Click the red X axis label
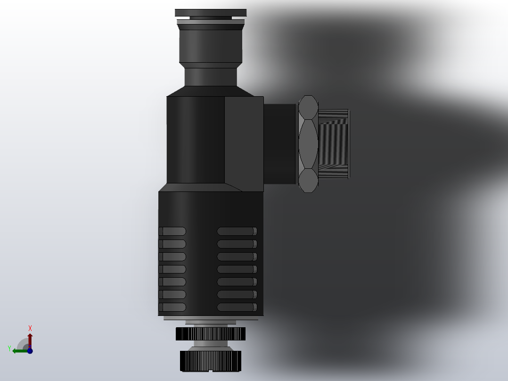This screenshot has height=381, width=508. click(x=30, y=328)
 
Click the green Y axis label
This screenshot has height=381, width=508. click(x=9, y=348)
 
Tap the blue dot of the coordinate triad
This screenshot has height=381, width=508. click(x=30, y=350)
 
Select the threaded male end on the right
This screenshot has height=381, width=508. click(x=334, y=144)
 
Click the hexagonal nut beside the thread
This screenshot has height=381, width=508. click(x=308, y=144)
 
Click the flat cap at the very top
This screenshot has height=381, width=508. click(x=210, y=13)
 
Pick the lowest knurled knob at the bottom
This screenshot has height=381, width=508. click(x=210, y=360)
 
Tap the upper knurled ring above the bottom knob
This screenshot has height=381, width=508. click(x=210, y=334)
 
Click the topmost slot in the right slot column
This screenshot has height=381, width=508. click(x=237, y=231)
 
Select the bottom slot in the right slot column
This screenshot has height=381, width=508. click(x=237, y=307)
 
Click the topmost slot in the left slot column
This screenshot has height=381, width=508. click(x=172, y=231)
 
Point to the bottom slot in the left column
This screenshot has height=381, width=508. click(x=172, y=307)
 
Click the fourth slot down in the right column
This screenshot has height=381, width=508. click(x=237, y=269)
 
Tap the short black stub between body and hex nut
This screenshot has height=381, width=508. click(x=279, y=144)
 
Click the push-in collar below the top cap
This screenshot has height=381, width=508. click(x=210, y=45)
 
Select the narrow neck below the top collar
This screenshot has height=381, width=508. click(x=210, y=77)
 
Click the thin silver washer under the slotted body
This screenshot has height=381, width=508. click(x=210, y=318)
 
